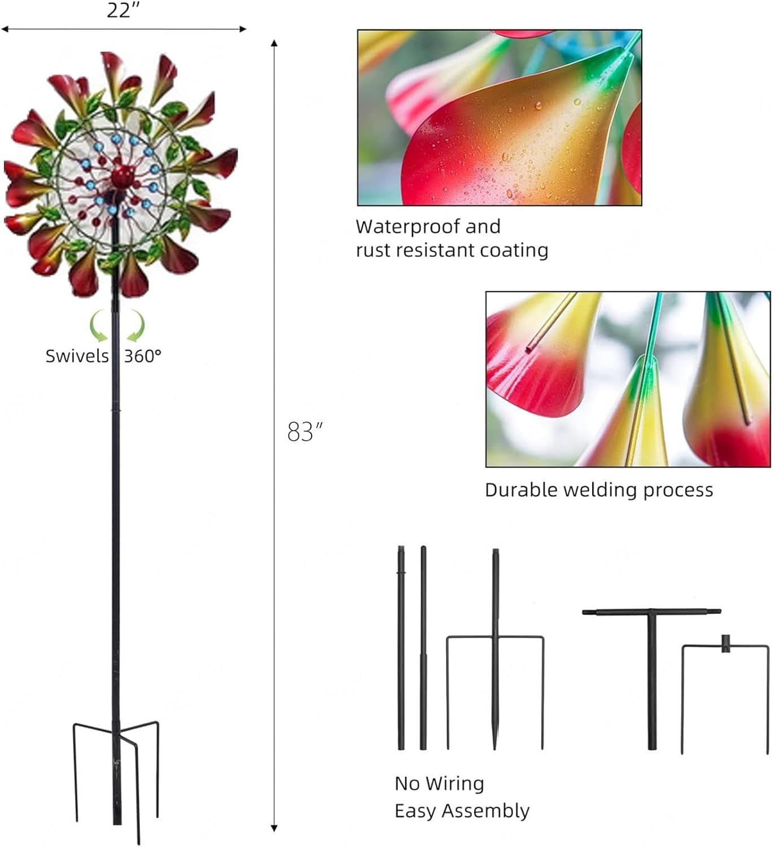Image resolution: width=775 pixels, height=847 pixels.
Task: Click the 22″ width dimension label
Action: [x=122, y=11]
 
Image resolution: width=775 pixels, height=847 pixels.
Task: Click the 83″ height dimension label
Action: [x=305, y=431]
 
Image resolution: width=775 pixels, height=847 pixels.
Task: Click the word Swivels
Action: [x=77, y=356]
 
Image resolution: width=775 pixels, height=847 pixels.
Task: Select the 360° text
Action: [x=143, y=356]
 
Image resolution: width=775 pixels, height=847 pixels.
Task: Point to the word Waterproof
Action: [x=408, y=227]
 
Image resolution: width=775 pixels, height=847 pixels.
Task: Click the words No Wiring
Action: [x=439, y=784]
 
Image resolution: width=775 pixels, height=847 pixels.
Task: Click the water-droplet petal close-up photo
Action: [x=500, y=118]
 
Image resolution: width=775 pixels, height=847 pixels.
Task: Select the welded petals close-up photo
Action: [x=628, y=379]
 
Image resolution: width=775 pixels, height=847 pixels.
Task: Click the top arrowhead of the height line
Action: [x=274, y=43]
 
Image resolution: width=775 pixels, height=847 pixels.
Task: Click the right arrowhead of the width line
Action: [x=243, y=29]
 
